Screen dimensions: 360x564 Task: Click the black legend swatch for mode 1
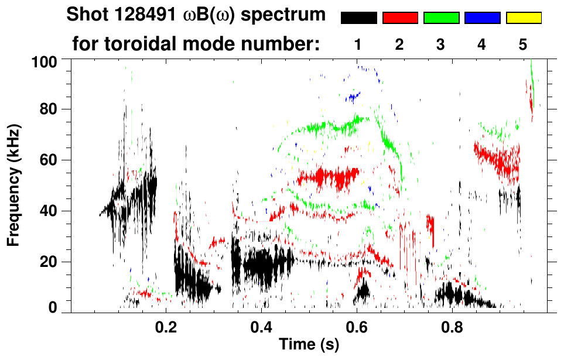click(x=359, y=18)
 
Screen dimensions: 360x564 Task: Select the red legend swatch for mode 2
click(x=400, y=18)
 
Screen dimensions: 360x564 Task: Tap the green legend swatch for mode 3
click(x=441, y=18)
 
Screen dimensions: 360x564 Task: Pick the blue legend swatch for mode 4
click(x=482, y=18)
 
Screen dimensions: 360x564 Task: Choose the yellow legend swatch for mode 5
click(x=524, y=18)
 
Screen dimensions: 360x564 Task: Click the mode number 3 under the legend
click(x=441, y=44)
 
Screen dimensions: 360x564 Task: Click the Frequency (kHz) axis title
click(x=13, y=184)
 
